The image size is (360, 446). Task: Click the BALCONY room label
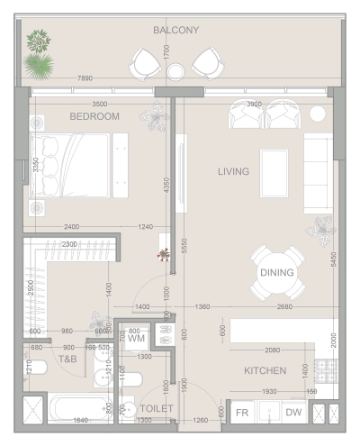tap(175, 30)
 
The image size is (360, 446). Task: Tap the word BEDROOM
tap(94, 116)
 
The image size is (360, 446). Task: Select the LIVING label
tap(233, 171)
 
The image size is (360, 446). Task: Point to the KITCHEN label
tap(265, 370)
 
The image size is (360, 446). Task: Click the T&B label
tap(68, 359)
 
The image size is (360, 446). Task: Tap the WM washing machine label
tap(136, 340)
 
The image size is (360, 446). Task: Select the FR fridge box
tap(241, 412)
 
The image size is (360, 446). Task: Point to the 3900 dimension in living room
tap(254, 105)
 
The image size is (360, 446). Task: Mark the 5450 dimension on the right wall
tap(334, 260)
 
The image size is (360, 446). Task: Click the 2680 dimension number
tap(285, 307)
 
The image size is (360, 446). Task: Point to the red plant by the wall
tap(163, 255)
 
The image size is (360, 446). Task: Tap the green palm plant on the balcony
tap(40, 65)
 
